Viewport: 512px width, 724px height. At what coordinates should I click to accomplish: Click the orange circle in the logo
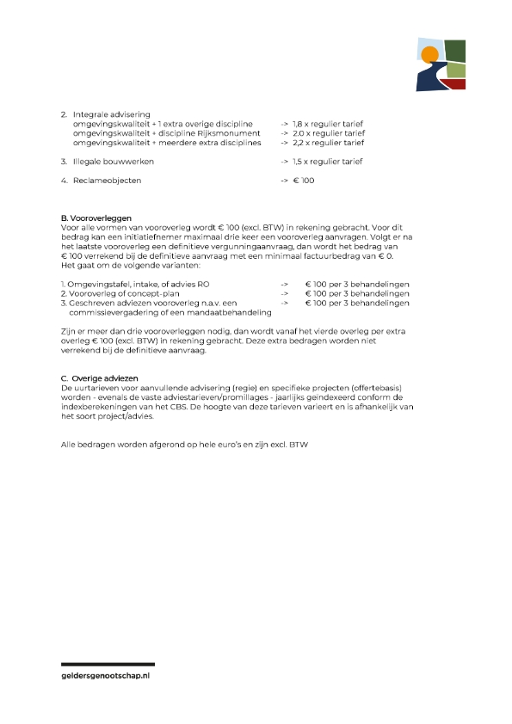pos(429,56)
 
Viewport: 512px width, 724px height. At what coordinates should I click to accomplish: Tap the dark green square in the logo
pos(454,52)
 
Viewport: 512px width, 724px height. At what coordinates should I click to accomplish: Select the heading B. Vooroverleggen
pos(96,218)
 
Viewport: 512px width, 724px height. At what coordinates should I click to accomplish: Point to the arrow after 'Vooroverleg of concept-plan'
pos(284,293)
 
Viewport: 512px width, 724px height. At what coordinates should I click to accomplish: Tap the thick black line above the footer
pos(108,664)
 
